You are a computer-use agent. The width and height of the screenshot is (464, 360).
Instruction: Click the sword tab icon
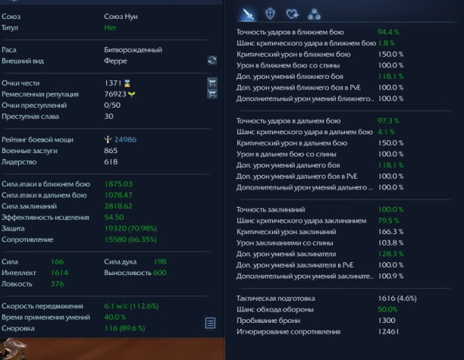click(x=248, y=14)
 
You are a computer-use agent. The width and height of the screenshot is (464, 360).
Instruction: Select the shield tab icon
click(x=270, y=14)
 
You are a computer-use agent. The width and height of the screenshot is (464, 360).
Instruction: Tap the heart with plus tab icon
click(x=293, y=14)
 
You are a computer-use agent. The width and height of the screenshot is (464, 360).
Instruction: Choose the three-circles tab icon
click(x=315, y=14)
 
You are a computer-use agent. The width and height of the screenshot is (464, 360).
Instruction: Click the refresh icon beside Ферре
click(x=212, y=61)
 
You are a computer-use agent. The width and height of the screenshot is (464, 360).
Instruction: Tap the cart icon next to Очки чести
click(x=212, y=83)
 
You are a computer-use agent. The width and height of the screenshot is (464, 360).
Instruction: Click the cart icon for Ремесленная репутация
click(x=212, y=94)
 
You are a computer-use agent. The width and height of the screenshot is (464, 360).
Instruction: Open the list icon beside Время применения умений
click(x=210, y=323)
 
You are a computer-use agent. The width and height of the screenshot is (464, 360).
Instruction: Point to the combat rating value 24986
click(x=125, y=139)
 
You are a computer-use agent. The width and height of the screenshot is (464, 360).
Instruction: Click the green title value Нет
click(x=110, y=27)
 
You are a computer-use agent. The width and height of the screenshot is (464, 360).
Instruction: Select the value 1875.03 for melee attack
click(x=118, y=183)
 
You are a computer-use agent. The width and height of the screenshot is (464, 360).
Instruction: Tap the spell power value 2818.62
click(x=118, y=206)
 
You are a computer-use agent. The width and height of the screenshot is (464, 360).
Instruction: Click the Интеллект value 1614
click(x=59, y=272)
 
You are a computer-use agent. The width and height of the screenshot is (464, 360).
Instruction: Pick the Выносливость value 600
click(x=160, y=272)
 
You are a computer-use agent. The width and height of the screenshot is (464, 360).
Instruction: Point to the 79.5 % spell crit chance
click(x=388, y=221)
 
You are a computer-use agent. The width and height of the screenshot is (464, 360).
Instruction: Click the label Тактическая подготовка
click(x=276, y=298)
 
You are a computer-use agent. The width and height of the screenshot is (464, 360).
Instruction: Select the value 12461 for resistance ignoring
click(x=388, y=332)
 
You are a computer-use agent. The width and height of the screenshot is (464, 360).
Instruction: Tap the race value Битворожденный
click(x=133, y=50)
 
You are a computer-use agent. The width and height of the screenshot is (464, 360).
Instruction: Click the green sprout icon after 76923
click(x=132, y=95)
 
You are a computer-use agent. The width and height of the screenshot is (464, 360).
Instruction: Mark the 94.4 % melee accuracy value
click(x=388, y=32)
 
